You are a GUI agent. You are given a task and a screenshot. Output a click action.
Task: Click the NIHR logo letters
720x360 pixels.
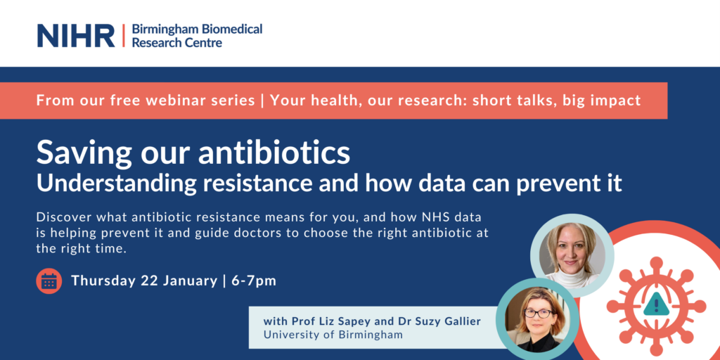(76, 35)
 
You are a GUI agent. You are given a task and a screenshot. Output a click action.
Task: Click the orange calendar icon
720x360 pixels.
(49, 281)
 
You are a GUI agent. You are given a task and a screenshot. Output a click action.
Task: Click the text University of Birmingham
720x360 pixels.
(333, 335)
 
